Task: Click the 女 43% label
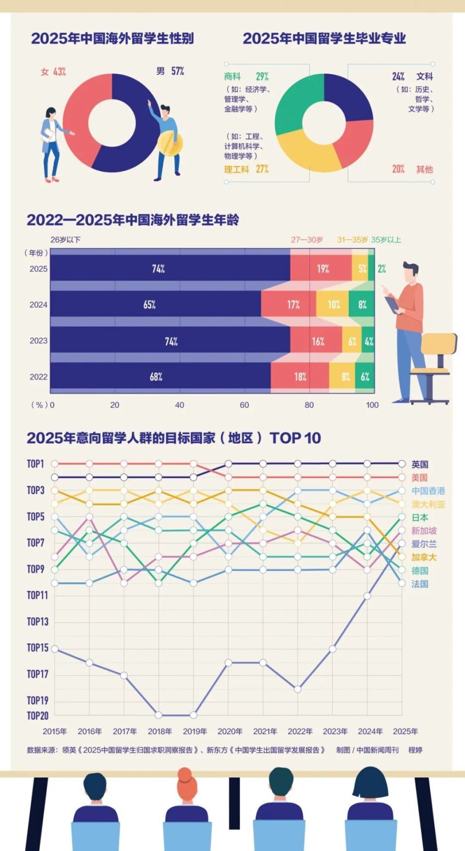click(53, 72)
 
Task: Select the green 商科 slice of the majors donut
click(293, 104)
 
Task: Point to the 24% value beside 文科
click(398, 77)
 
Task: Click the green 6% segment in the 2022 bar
click(365, 377)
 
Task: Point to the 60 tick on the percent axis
click(244, 405)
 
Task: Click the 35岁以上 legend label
click(386, 240)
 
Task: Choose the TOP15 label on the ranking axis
click(38, 648)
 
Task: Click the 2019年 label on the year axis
click(195, 731)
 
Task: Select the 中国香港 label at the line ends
click(428, 491)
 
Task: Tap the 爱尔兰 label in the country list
click(424, 544)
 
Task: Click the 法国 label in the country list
click(420, 584)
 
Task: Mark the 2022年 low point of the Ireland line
click(298, 689)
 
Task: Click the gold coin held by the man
click(170, 144)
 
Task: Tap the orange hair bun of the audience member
click(185, 774)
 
